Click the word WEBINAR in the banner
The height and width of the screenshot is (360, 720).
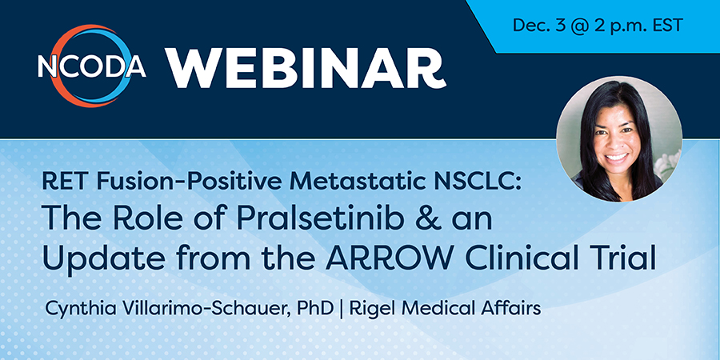coord(306,69)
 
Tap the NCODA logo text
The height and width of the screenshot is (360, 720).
coord(92,66)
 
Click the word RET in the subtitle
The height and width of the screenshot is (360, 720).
coord(61,182)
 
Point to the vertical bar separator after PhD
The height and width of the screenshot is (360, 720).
coord(341,309)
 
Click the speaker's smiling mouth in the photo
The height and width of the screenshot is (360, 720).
coord(617,157)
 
